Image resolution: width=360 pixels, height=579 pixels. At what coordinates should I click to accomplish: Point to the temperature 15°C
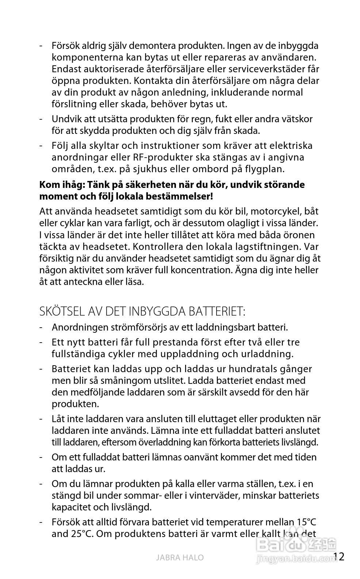[x=306, y=522]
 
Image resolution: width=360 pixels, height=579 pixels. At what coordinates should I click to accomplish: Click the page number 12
[x=339, y=556]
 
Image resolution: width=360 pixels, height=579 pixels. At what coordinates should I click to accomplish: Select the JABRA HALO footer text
[x=180, y=557]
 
